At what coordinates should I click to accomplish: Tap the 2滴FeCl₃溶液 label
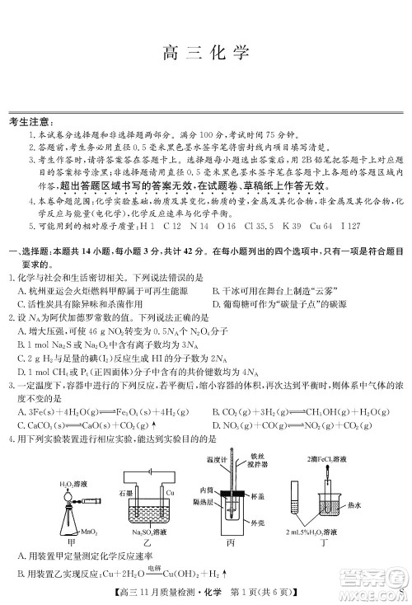334,456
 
